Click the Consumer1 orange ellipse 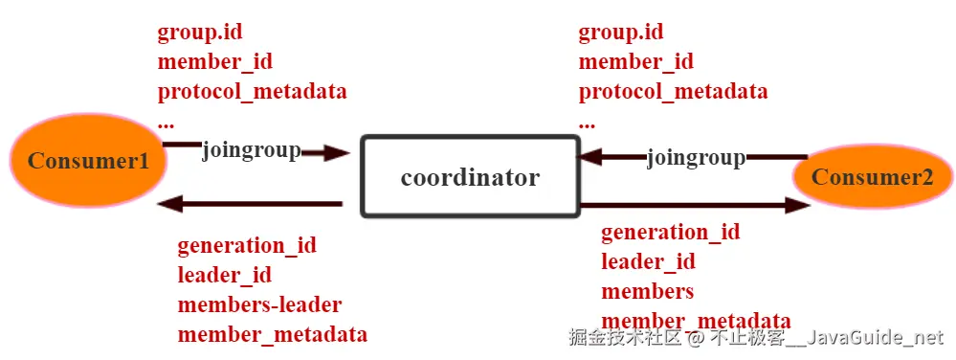(88, 160)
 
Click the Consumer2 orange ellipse (873, 177)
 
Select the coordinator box (470, 177)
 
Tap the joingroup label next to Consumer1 (251, 150)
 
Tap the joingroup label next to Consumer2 (696, 157)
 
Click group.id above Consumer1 (200, 33)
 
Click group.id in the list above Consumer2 (621, 33)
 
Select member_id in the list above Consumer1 (215, 62)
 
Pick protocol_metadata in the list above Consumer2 (673, 92)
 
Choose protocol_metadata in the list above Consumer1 (252, 92)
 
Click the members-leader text (259, 304)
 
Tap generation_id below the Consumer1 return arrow (247, 245)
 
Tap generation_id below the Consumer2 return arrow (670, 232)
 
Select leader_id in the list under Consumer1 (225, 275)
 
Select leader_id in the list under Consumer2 (648, 261)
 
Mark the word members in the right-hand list (647, 291)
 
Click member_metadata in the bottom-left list (272, 334)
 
